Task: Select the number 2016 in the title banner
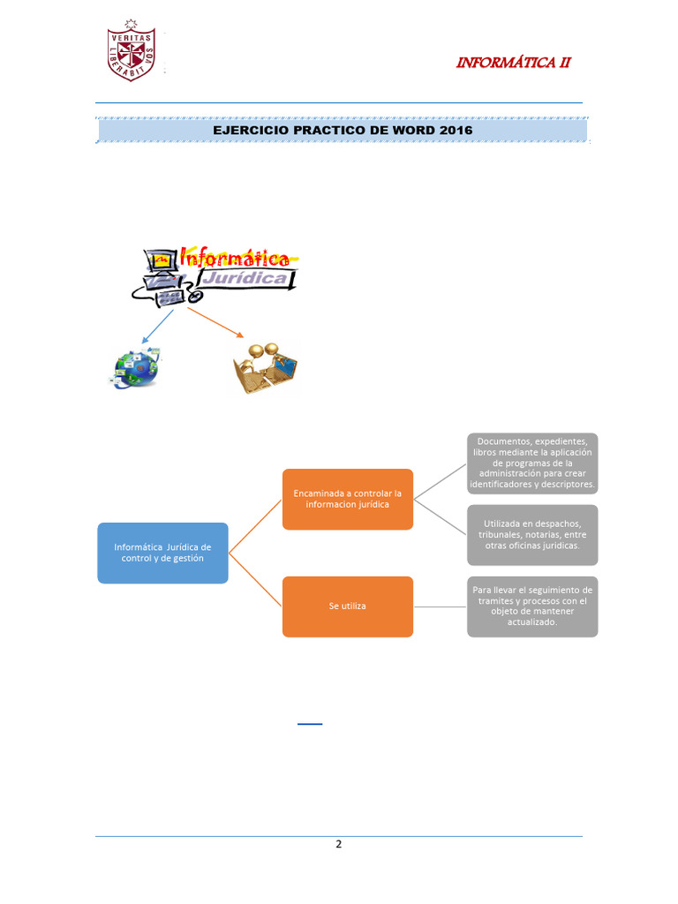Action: (454, 131)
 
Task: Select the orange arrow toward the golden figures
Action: (216, 322)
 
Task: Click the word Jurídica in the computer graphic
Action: (247, 279)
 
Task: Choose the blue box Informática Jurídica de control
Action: (162, 554)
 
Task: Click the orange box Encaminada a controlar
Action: (347, 500)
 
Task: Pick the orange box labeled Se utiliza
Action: (347, 606)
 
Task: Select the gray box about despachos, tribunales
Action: (532, 535)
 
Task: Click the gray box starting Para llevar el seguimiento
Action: (532, 606)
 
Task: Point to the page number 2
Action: (338, 844)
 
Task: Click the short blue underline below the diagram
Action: (310, 724)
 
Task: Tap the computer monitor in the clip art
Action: (162, 260)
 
